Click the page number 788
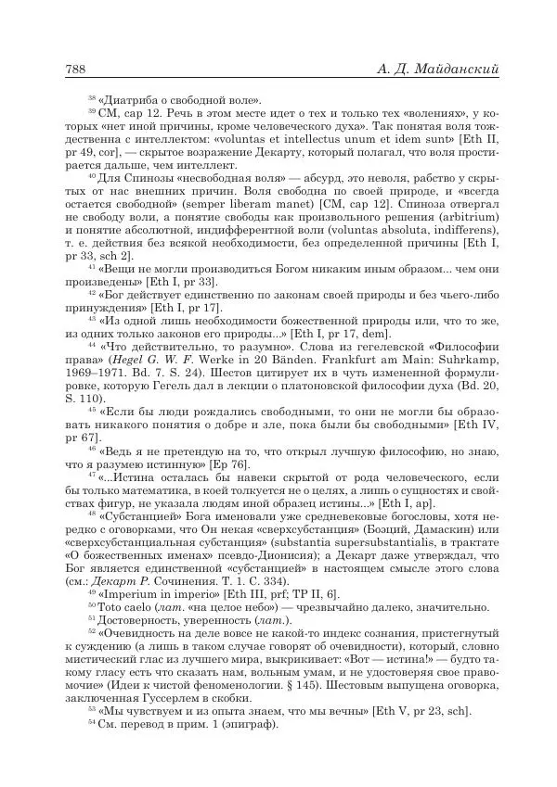pos(75,69)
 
